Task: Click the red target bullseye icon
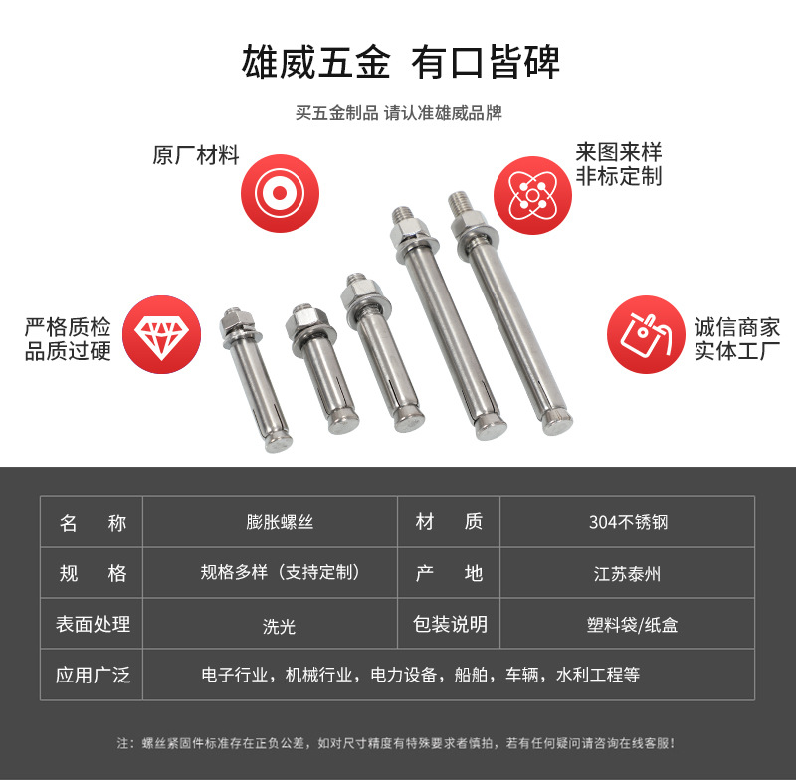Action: (x=280, y=193)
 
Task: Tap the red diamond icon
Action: (x=161, y=334)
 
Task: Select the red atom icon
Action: (x=532, y=195)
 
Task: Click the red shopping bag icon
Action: (x=646, y=334)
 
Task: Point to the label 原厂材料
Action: (x=195, y=155)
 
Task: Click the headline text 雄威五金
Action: (x=315, y=62)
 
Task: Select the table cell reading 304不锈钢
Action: (x=628, y=522)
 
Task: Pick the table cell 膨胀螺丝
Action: (x=280, y=522)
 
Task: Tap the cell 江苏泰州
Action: (x=628, y=573)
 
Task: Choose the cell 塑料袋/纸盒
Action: (x=632, y=625)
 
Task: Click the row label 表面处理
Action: (x=93, y=624)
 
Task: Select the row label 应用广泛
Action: (x=93, y=675)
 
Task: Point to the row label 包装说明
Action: (x=451, y=624)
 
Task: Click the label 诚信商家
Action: (x=737, y=327)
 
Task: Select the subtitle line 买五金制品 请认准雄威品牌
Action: (x=399, y=113)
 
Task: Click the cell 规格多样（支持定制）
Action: (x=280, y=572)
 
